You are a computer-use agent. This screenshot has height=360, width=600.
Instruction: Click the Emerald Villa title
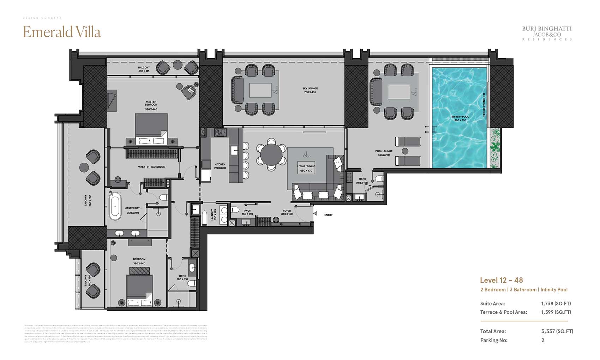62,32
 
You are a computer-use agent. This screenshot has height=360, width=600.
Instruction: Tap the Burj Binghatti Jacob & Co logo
547,34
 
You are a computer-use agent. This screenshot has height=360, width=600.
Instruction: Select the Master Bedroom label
151,105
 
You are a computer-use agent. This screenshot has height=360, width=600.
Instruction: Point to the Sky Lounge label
310,90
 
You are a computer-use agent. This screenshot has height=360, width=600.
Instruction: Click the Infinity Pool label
460,118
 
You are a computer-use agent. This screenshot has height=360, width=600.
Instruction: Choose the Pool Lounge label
384,153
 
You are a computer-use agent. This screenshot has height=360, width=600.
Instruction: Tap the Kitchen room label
220,166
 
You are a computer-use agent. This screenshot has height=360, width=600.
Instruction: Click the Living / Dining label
306,168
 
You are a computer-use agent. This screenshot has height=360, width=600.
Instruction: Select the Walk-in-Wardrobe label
151,167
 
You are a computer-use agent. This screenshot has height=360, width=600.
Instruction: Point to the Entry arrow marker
316,214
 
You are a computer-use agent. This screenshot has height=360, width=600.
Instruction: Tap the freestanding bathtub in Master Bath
115,206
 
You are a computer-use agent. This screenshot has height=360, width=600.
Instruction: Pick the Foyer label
287,212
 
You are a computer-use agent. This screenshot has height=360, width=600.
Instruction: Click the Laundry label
214,215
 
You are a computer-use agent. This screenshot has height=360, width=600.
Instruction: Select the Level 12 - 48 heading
501,280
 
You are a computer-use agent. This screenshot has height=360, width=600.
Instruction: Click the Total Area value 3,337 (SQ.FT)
557,331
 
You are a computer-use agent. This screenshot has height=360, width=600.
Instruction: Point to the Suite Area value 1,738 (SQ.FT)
556,304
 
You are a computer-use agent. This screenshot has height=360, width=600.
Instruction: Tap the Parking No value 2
543,340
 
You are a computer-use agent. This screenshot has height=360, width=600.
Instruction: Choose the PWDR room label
247,212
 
